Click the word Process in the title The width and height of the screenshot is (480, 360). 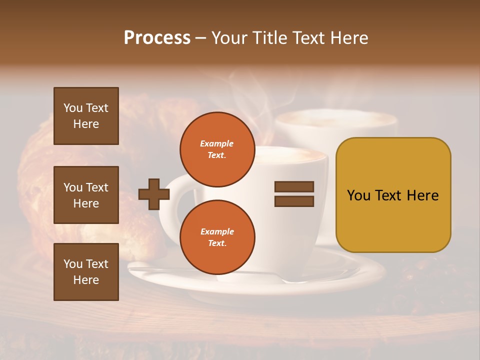click(157, 38)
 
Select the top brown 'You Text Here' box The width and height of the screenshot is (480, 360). click(86, 116)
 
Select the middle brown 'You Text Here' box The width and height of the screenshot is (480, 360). click(86, 195)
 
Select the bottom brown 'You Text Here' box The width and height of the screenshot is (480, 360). click(86, 272)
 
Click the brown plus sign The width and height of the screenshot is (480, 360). click(153, 194)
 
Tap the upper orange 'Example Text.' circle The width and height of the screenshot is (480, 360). click(217, 149)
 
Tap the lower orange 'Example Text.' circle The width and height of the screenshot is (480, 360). click(217, 237)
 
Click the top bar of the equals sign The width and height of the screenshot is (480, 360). click(294, 186)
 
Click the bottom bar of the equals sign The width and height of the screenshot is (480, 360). click(294, 201)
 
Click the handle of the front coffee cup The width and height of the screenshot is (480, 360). click(172, 210)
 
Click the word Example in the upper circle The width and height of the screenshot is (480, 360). click(217, 143)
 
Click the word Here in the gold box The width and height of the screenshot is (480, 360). click(422, 195)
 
